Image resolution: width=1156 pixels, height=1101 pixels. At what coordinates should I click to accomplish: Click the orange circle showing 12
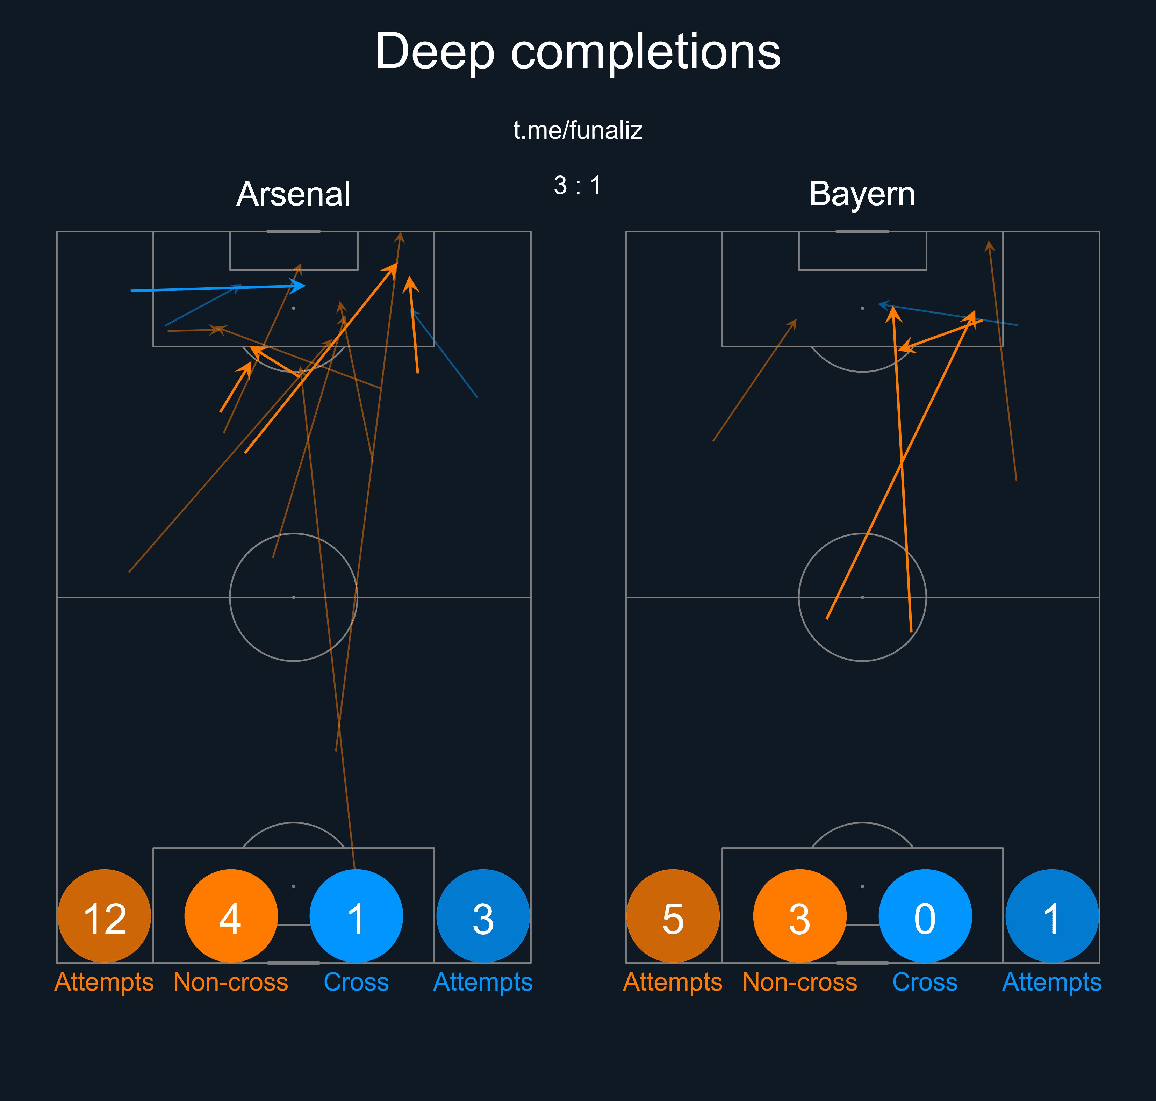pyautogui.click(x=105, y=916)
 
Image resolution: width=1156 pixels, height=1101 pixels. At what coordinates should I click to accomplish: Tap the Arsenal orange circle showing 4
pyautogui.click(x=231, y=916)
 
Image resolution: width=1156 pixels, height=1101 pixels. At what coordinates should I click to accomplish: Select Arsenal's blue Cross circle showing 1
pyautogui.click(x=356, y=916)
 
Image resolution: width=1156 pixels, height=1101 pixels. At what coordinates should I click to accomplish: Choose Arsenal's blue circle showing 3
pyautogui.click(x=483, y=916)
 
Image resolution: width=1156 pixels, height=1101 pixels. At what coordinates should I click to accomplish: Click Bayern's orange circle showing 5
pyautogui.click(x=673, y=916)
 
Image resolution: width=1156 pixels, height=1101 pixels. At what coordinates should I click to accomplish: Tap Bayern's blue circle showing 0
pyautogui.click(x=925, y=916)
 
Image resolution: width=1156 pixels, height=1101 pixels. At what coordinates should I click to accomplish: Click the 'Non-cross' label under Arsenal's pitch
pyautogui.click(x=231, y=982)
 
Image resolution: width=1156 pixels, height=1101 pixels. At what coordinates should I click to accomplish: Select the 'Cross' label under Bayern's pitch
pyautogui.click(x=925, y=982)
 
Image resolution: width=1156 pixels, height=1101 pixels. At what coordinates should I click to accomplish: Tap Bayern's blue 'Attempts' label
pyautogui.click(x=1051, y=982)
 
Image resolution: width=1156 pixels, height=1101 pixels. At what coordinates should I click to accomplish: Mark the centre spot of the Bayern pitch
pyautogui.click(x=862, y=597)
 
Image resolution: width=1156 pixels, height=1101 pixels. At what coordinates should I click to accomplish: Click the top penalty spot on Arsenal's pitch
pyautogui.click(x=293, y=308)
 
